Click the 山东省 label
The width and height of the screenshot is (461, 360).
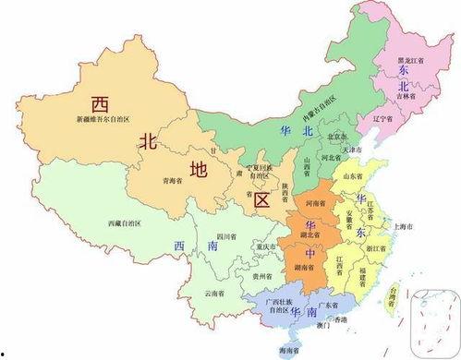pyautogui.click(x=353, y=174)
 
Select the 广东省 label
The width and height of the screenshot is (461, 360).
pyautogui.click(x=324, y=306)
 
